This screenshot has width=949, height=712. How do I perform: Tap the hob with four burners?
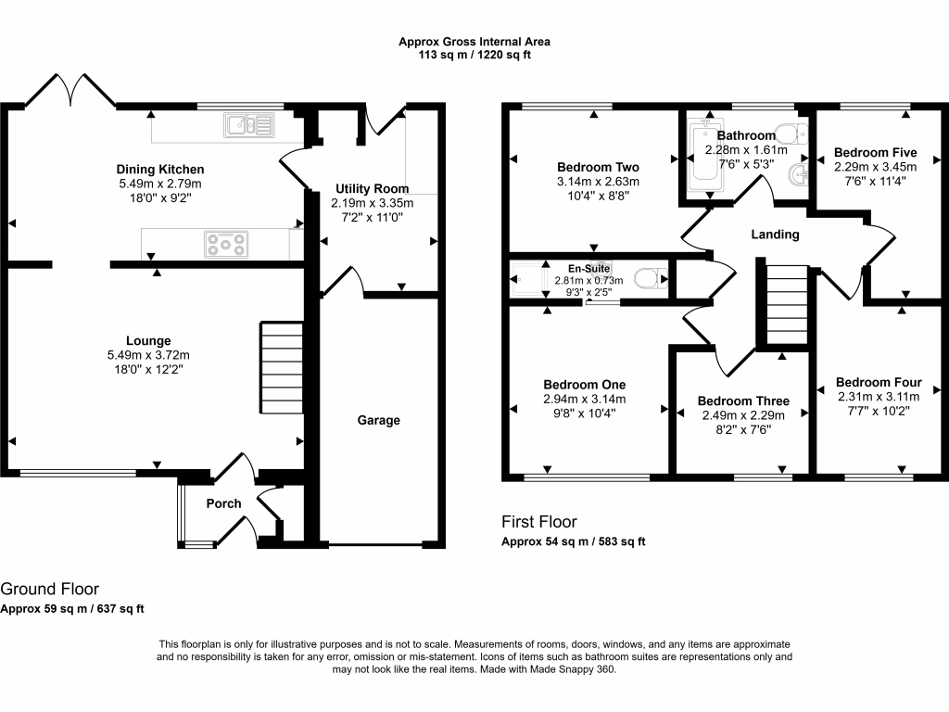coord(227,245)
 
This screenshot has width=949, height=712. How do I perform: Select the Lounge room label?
coord(149,340)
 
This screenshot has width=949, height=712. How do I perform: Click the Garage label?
coord(379,420)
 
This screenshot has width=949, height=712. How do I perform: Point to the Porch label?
coord(222,503)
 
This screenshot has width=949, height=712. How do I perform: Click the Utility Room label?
coord(372,188)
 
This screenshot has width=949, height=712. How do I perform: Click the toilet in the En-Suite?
coord(649,278)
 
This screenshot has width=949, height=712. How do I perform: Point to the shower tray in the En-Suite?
coord(529,278)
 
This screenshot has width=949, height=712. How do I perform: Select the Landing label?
coord(775,235)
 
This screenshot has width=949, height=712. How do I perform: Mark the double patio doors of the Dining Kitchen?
coord(70,91)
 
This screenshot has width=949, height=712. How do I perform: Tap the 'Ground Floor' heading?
coord(49,589)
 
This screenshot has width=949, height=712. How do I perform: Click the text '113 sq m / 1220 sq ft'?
coord(474,55)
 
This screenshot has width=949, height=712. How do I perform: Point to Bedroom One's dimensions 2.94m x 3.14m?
coord(584,400)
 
